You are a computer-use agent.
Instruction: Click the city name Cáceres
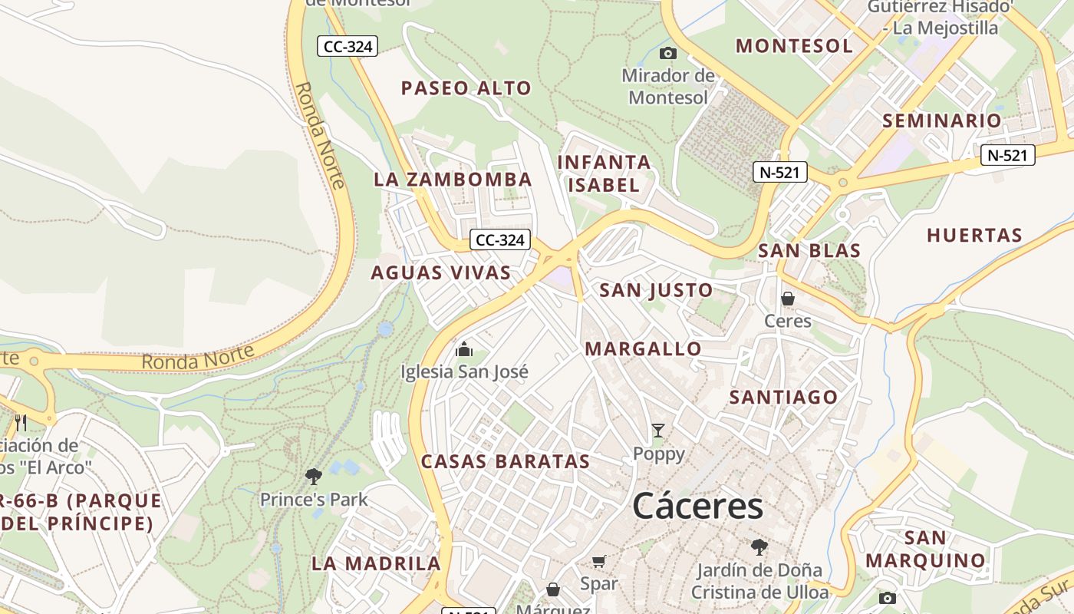(698, 507)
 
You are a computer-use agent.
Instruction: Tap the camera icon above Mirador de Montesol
(668, 53)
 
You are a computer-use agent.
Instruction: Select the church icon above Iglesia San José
(464, 350)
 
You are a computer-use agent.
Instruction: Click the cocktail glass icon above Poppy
(658, 431)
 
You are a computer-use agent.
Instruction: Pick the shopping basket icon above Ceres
(788, 298)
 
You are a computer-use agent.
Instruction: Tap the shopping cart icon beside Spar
(599, 561)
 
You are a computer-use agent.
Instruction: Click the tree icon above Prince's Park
(313, 477)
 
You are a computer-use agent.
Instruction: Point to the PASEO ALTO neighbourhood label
(466, 88)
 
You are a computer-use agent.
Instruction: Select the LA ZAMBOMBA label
(453, 180)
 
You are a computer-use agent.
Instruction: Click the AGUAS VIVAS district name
(441, 272)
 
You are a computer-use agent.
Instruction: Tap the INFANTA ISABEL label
(605, 173)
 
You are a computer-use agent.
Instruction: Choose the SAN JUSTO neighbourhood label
(656, 290)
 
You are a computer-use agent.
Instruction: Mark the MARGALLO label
(643, 349)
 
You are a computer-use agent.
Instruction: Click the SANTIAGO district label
(783, 397)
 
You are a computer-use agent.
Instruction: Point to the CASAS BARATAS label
(506, 461)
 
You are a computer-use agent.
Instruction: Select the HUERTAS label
(974, 235)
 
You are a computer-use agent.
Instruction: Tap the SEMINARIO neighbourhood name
(942, 120)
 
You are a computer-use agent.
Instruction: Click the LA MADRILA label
(376, 563)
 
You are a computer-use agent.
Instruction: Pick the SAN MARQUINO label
(925, 549)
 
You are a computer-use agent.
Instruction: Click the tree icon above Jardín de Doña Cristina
(759, 547)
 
